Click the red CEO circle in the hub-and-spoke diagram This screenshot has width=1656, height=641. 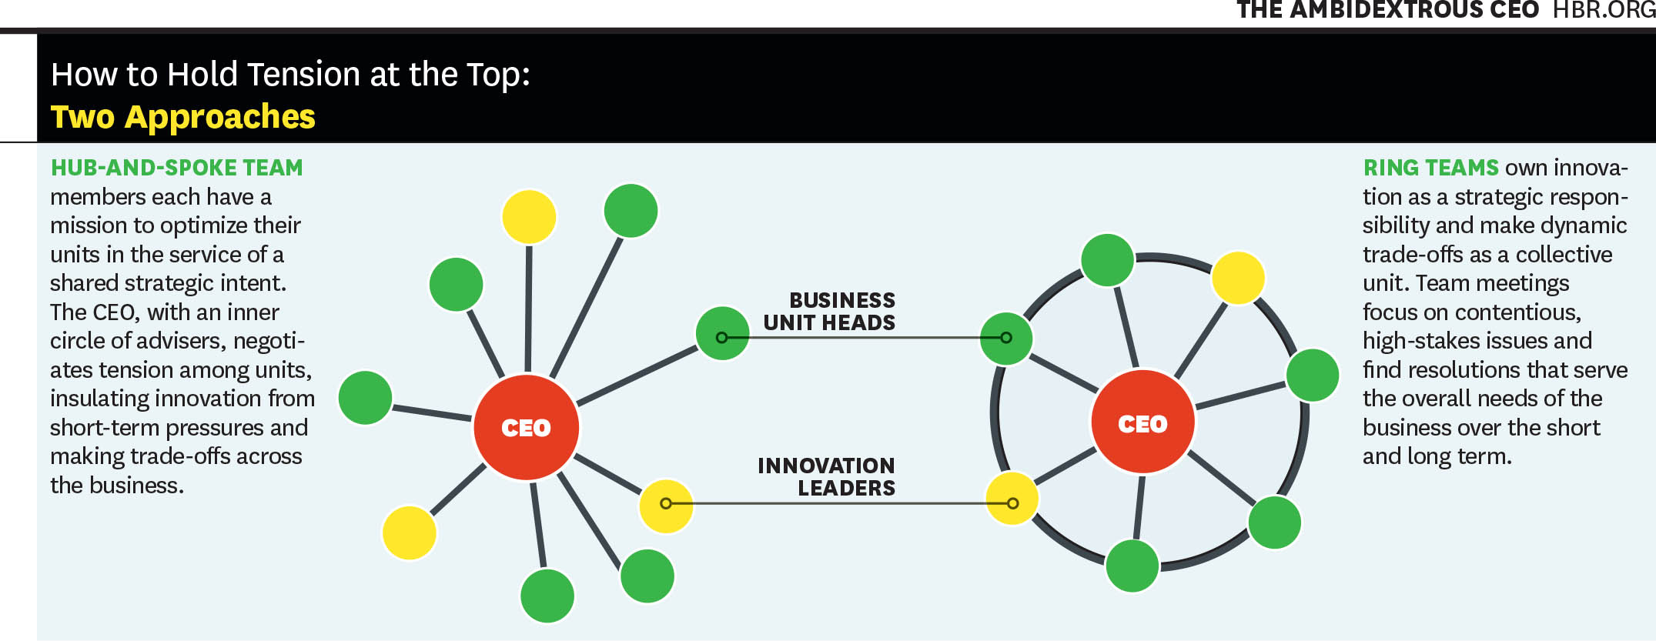[x=526, y=427]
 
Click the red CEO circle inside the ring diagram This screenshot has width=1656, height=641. [x=1142, y=422]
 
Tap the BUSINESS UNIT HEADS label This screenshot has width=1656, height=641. [x=829, y=311]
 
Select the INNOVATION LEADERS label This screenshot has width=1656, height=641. [x=826, y=476]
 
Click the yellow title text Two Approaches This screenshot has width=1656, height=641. [x=183, y=117]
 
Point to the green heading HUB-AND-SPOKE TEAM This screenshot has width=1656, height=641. [x=177, y=168]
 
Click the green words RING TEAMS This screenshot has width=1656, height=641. [x=1430, y=168]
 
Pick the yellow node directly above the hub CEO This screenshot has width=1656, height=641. [x=529, y=217]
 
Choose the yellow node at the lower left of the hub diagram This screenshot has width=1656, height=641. [x=410, y=532]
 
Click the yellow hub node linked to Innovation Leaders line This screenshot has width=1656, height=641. [x=666, y=506]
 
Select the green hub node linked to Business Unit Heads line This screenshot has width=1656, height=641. [x=722, y=333]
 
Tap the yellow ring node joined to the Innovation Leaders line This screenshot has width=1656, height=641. [x=1012, y=499]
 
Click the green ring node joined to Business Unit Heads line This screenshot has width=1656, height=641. [x=1006, y=338]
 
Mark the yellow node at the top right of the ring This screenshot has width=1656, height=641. [x=1238, y=277]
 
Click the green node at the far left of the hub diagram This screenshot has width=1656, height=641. [x=366, y=397]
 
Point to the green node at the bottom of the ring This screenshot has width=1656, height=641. [x=1132, y=566]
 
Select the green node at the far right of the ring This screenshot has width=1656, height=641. [x=1313, y=375]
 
